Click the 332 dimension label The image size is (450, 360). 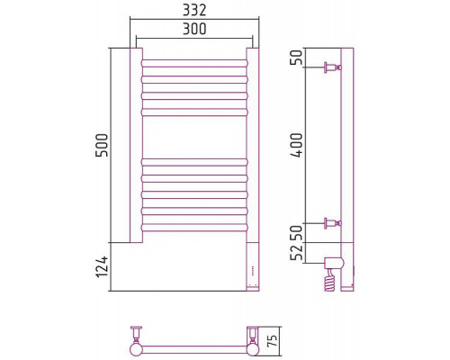(x=194, y=11)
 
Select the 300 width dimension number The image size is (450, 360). (x=194, y=29)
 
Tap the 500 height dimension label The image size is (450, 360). (x=102, y=146)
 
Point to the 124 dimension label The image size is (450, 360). (x=102, y=266)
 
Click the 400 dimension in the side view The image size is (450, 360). (x=298, y=145)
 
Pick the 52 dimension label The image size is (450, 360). (x=298, y=253)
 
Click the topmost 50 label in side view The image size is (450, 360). (x=298, y=58)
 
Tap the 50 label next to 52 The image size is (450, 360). (x=298, y=232)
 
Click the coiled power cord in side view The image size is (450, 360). (x=330, y=280)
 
